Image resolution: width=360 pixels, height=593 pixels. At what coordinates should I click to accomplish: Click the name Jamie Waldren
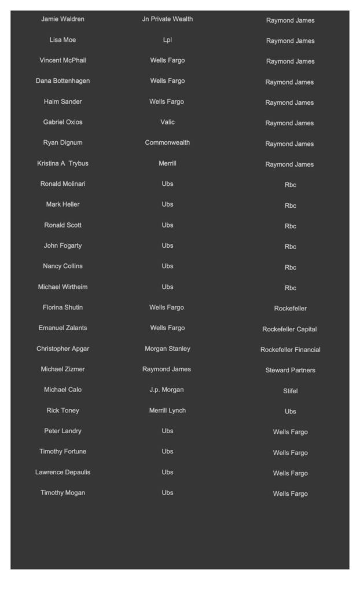coord(63,19)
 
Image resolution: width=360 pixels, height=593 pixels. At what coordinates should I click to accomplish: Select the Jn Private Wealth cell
coord(167,19)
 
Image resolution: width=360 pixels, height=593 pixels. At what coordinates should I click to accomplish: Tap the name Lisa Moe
coord(63,40)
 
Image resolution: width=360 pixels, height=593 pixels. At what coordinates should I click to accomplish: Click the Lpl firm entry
coord(167,40)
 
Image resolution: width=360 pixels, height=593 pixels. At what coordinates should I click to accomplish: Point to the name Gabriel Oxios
coord(63,122)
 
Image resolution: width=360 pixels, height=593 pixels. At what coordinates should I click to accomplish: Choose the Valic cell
coord(167,122)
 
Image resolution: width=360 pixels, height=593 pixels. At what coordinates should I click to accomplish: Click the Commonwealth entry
coord(167,142)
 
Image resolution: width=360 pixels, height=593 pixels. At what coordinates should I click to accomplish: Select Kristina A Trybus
coord(63,163)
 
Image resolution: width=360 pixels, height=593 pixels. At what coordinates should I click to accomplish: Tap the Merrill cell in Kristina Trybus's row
coord(167,163)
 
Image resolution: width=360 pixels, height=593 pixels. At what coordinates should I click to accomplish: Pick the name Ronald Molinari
coord(63,184)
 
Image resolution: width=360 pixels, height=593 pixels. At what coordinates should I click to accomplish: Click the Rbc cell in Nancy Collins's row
coord(290,268)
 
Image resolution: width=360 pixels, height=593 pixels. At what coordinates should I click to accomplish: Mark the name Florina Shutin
coord(63,307)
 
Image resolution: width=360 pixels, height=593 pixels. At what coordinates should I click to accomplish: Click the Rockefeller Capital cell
coord(290,330)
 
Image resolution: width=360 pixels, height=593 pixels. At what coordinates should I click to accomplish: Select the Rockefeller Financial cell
coord(290,350)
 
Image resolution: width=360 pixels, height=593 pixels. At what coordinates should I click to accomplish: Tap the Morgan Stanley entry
coord(167,349)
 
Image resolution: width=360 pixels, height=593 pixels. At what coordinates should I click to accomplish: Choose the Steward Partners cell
coord(290,370)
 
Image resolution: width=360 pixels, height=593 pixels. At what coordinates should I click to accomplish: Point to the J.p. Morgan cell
coord(167,390)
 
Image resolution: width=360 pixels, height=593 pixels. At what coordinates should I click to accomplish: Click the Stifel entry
coord(290,391)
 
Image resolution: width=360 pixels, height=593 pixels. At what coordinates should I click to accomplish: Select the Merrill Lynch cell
coord(167,411)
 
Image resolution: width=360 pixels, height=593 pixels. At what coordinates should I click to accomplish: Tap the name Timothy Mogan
coord(63,493)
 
